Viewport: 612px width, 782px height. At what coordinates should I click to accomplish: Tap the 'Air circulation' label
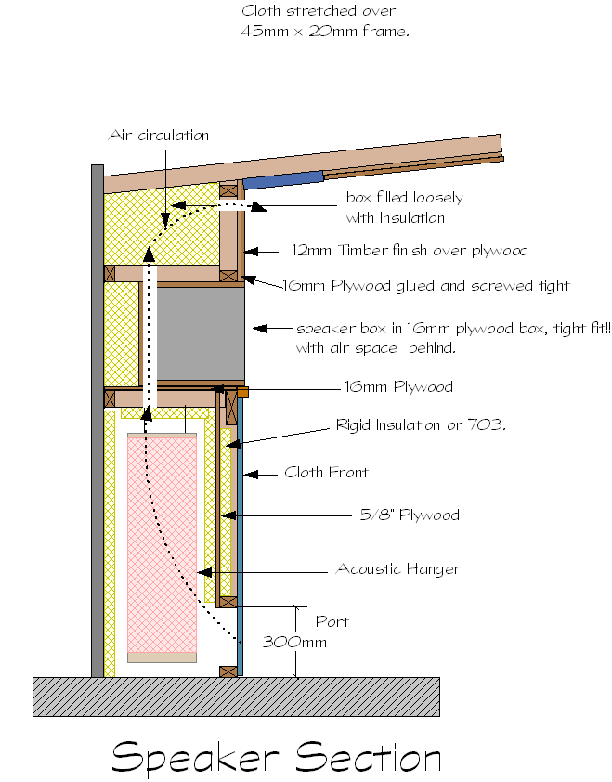coord(159,136)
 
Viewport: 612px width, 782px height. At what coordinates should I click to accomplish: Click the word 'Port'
coord(332,620)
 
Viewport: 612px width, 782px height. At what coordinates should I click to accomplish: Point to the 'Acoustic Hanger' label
coord(398,568)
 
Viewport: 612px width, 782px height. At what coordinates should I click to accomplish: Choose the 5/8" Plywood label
coord(410,515)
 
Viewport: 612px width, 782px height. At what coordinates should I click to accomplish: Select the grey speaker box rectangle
coord(199,332)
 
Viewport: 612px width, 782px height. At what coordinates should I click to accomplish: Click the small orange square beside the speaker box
coord(242,392)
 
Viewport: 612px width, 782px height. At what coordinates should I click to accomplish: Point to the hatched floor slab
coord(236,696)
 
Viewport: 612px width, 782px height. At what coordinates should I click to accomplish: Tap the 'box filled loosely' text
coord(404,198)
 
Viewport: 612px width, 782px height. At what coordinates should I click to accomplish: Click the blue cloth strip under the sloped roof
coord(282,179)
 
